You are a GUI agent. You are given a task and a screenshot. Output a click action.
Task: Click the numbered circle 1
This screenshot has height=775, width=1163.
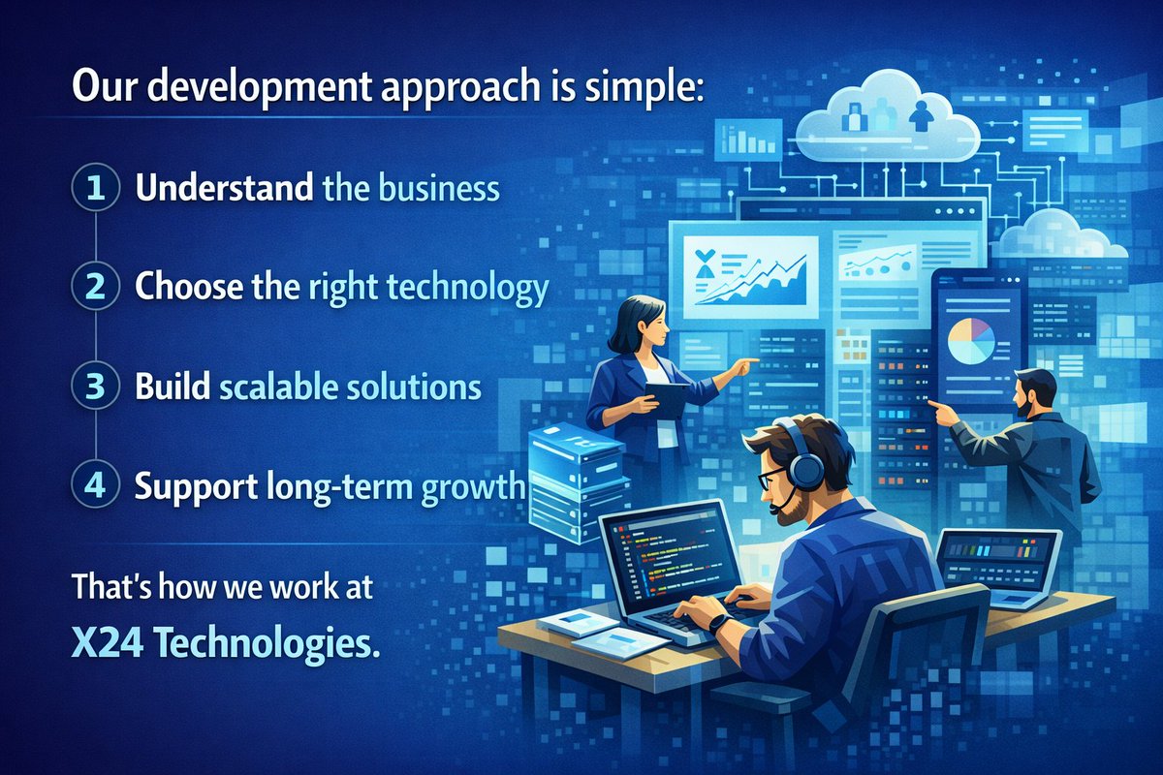coord(94,186)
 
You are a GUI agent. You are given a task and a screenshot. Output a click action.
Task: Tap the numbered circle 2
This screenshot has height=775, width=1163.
coord(94,286)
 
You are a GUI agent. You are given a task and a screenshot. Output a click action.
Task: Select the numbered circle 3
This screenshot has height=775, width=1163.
coord(94,386)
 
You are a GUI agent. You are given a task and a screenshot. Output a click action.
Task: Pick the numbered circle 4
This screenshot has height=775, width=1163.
coord(94,485)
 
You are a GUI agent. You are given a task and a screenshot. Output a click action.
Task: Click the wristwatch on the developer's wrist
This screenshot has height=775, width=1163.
coord(717,623)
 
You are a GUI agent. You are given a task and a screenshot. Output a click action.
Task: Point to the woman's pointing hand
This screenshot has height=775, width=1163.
coord(745,365)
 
